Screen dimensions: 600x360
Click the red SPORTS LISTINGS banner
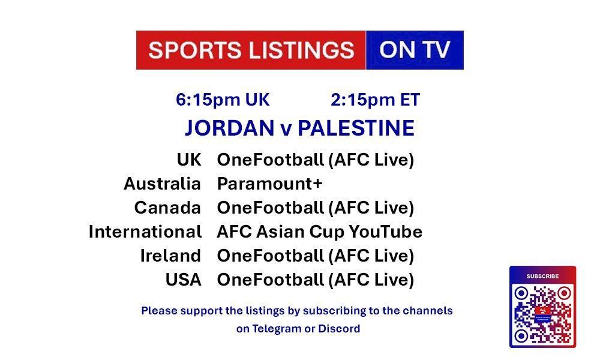(x=251, y=50)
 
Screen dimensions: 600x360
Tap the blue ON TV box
(x=415, y=50)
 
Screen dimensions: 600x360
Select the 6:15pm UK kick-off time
(x=223, y=100)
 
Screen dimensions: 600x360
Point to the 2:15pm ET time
(x=376, y=100)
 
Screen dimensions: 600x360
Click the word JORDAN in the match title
(x=230, y=128)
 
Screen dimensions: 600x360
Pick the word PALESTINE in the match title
(x=356, y=128)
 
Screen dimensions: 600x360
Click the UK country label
(x=189, y=160)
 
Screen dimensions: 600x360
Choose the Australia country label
(x=162, y=184)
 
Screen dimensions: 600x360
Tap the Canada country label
(x=167, y=208)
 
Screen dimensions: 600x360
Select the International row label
(x=145, y=232)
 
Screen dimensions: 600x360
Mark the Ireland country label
(x=170, y=256)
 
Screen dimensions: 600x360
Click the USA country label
(x=183, y=280)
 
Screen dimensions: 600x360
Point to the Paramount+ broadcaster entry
(x=270, y=184)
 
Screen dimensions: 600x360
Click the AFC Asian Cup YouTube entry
(x=320, y=232)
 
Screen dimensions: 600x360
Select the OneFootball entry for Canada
(x=316, y=208)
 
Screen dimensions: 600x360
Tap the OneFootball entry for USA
(x=316, y=280)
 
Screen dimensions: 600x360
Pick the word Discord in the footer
(x=339, y=329)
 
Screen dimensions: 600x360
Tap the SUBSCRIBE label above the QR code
(x=542, y=276)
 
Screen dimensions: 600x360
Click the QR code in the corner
(x=542, y=314)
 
